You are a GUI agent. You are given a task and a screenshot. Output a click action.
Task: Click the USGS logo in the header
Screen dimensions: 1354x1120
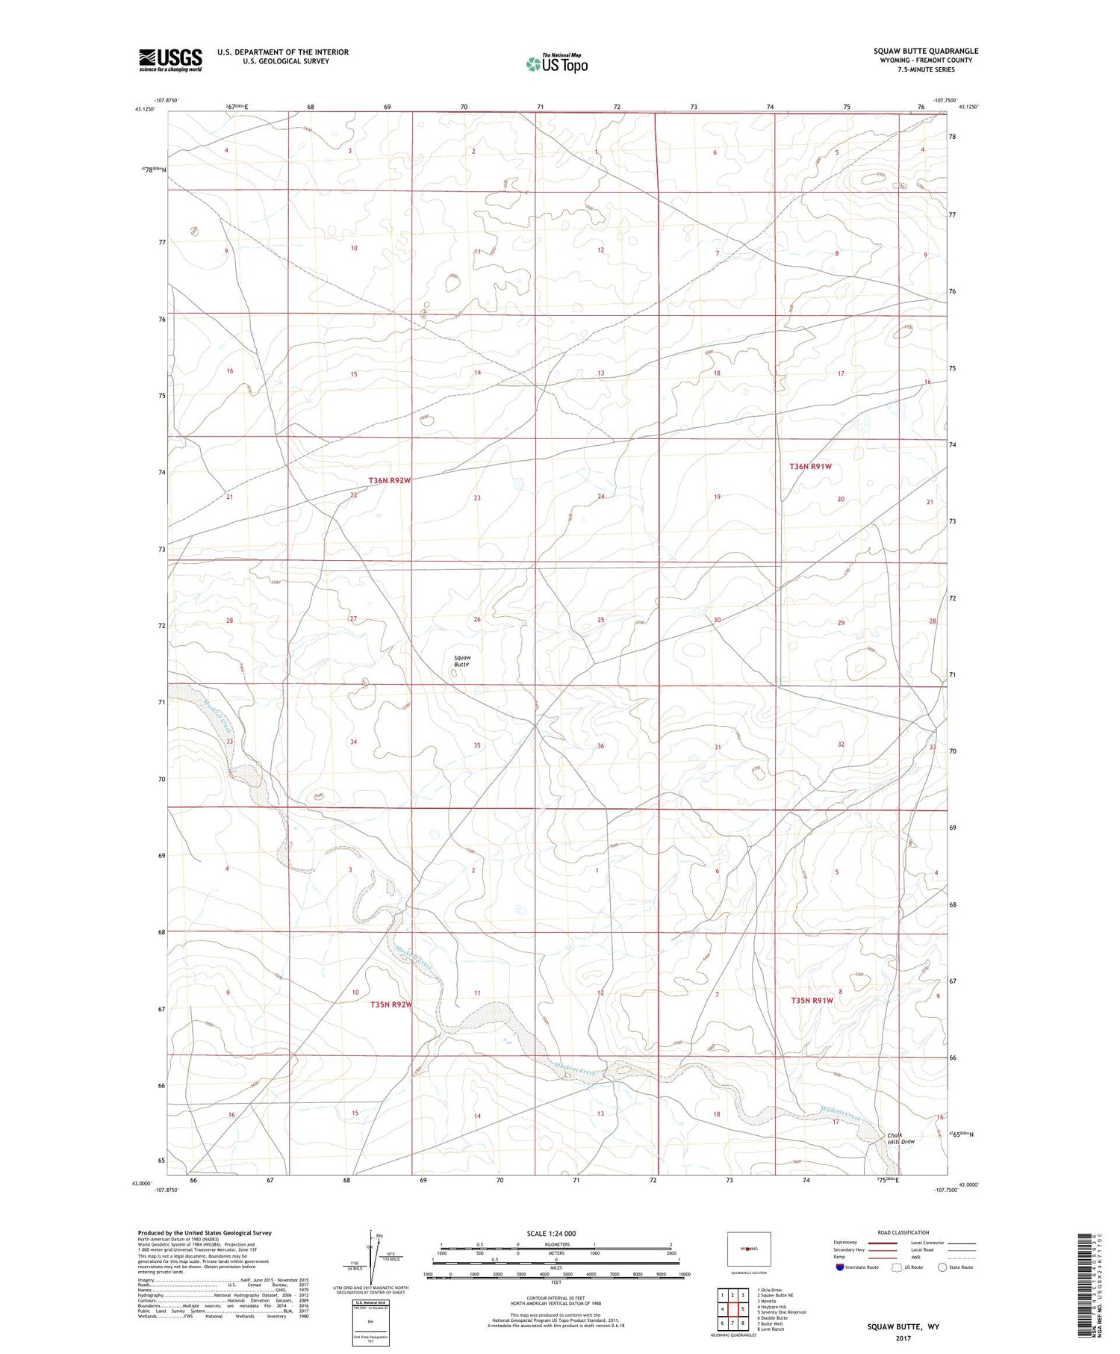pyautogui.click(x=170, y=60)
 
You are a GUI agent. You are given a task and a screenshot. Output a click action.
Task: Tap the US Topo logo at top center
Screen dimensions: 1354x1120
pyautogui.click(x=557, y=64)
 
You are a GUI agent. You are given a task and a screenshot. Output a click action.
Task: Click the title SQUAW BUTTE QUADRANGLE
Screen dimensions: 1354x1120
pyautogui.click(x=926, y=51)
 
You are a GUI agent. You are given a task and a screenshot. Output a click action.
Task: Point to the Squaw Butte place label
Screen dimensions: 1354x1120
pyautogui.click(x=462, y=661)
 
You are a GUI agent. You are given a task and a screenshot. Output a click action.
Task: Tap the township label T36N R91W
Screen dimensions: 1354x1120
pyautogui.click(x=810, y=467)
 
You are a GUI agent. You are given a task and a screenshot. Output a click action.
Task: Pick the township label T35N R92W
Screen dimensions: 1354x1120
pyautogui.click(x=391, y=1005)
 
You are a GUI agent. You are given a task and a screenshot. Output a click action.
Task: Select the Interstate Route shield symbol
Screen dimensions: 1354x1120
pyautogui.click(x=841, y=1267)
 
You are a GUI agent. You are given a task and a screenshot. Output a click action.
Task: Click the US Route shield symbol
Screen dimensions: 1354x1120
pyautogui.click(x=897, y=1267)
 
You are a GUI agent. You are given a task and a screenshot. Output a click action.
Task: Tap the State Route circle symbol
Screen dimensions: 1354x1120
pyautogui.click(x=942, y=1267)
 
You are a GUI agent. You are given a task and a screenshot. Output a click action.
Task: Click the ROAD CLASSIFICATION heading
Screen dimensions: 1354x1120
pyautogui.click(x=903, y=1232)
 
